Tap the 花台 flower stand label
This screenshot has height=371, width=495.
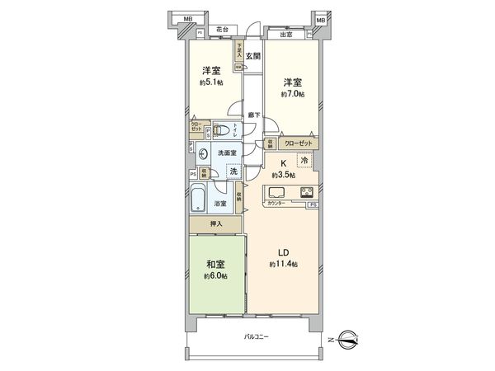[222, 30]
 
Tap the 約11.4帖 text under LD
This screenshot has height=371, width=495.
[283, 264]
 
